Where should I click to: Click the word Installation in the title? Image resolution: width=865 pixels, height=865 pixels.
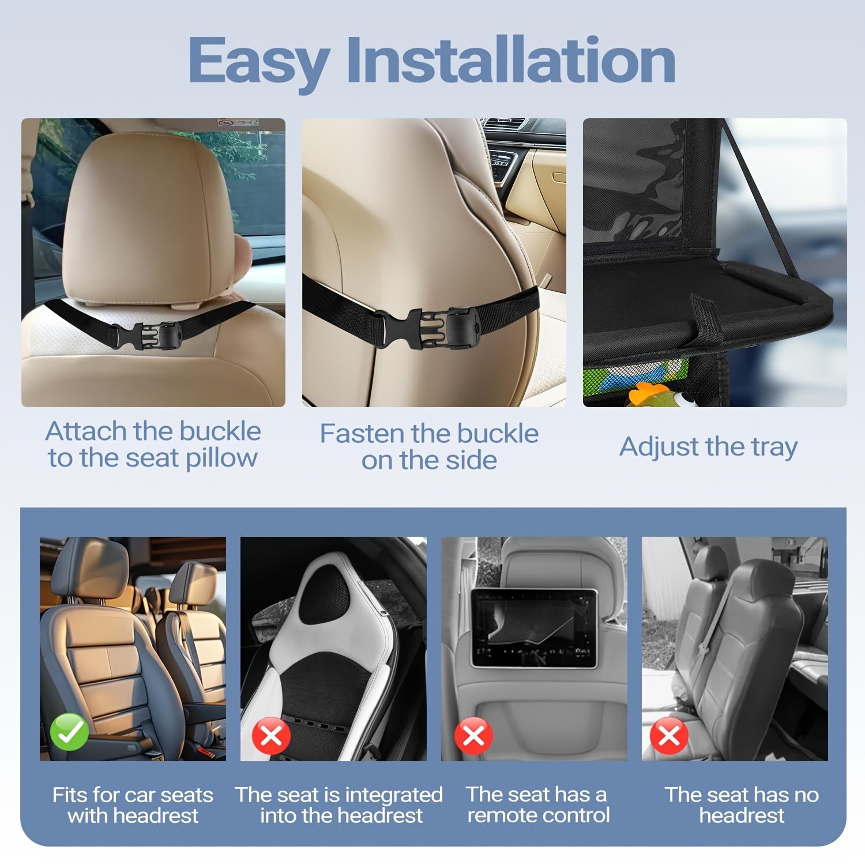(511, 59)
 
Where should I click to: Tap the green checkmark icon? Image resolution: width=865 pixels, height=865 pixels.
(70, 731)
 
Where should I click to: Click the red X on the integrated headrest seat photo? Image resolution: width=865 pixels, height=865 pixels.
(271, 735)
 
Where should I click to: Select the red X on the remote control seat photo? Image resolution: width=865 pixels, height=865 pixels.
(473, 736)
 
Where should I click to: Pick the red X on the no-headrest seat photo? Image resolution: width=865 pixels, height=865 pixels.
(669, 736)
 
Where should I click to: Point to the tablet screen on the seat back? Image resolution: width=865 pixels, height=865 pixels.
(533, 627)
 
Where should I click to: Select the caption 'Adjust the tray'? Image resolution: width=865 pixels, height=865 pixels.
(709, 447)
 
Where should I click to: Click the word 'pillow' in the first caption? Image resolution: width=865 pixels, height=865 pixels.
(221, 458)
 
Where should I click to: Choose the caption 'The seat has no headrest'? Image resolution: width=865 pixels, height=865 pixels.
(742, 805)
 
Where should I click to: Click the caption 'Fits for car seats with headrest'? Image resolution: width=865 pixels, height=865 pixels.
(133, 805)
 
